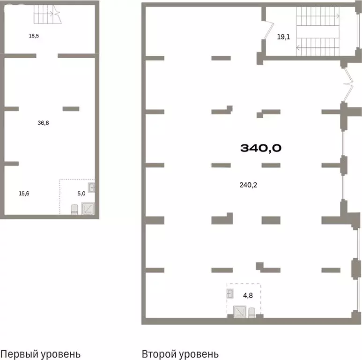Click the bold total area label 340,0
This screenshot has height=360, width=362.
tap(261, 148)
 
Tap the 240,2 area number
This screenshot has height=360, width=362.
tap(248, 185)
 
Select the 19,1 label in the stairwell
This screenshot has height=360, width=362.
tap(283, 37)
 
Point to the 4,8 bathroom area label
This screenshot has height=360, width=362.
tap(248, 295)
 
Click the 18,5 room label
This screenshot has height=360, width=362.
tap(34, 36)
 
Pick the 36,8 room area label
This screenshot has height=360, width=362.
tap(43, 123)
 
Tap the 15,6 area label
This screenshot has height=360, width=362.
tap(24, 194)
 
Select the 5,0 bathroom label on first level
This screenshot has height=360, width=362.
tap(81, 194)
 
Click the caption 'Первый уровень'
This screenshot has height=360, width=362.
tap(40, 354)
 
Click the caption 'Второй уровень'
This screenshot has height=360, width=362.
tap(180, 354)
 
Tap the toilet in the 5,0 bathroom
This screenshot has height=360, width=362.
tap(74, 210)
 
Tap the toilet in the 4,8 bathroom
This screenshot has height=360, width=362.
tap(251, 312)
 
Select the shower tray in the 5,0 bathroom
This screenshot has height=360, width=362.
tap(88, 209)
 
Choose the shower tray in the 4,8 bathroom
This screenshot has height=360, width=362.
tap(240, 312)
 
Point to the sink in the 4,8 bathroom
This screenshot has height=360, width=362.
tap(230, 294)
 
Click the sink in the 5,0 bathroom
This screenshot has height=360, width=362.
tap(91, 187)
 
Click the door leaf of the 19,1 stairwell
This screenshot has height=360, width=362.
tap(269, 30)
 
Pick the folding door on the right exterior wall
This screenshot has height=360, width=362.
tap(348, 84)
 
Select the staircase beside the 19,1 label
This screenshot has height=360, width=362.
tap(318, 31)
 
